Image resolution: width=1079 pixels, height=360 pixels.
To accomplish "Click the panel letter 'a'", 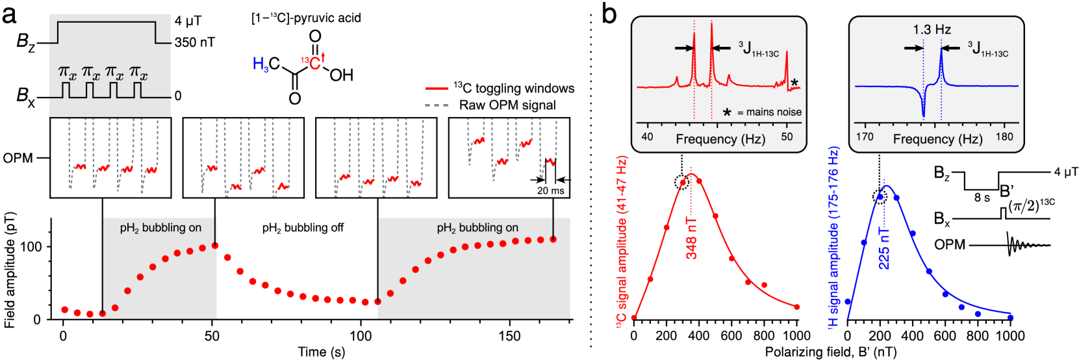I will coord(9,15).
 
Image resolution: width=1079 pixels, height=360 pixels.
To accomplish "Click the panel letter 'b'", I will coord(609,14).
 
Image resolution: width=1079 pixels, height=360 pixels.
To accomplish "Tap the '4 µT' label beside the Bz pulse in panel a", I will coord(188,21).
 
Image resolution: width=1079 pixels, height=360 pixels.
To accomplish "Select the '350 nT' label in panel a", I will coord(195,42).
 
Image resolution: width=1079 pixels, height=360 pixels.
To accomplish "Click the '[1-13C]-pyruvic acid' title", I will coord(306,18).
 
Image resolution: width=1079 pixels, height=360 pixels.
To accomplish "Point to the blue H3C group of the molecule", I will coord(266,64).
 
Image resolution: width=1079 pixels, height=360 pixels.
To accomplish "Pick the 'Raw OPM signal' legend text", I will coord(507,105).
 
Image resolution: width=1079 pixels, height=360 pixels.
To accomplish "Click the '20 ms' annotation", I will coord(551,190).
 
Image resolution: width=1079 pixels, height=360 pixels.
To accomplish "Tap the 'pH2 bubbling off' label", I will coord(303,228).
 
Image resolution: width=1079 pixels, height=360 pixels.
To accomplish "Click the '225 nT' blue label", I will coord(883,248).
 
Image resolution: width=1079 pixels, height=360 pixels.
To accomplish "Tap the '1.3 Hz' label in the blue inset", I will coord(932,30).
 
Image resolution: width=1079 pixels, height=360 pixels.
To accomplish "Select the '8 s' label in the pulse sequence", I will coord(982,197).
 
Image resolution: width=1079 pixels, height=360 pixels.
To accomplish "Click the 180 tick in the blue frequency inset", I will coord(1004,136).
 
